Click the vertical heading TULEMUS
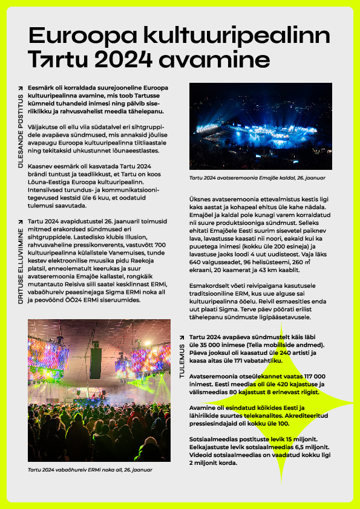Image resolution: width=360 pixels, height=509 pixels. (181, 361)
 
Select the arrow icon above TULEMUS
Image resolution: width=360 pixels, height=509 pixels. (181, 337)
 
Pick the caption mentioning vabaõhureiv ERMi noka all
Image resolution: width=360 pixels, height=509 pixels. (90, 469)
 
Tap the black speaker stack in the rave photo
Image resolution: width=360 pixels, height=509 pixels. (96, 363)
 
